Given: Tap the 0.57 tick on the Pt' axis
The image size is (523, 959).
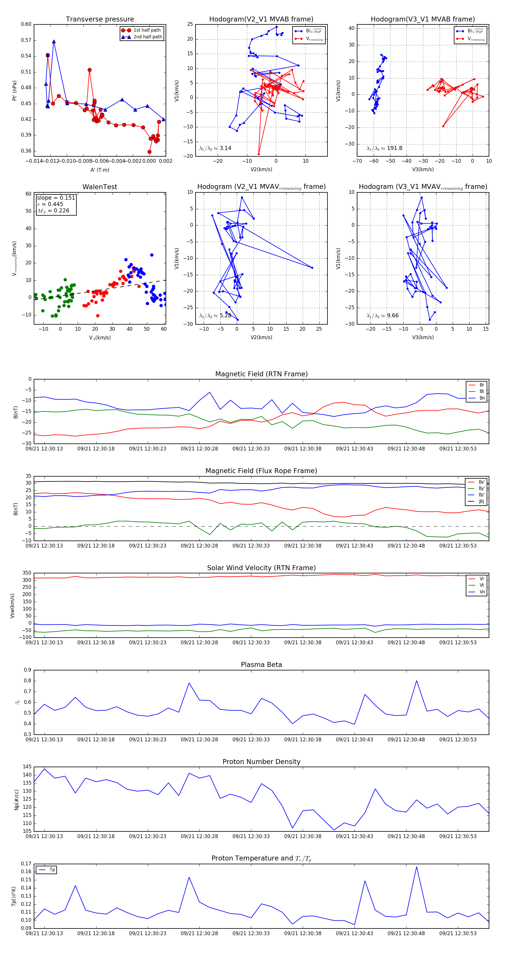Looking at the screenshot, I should [26, 40].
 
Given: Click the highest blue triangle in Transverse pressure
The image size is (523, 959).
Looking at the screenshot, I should [54, 42].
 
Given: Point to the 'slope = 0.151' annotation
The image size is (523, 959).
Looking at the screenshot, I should [56, 198].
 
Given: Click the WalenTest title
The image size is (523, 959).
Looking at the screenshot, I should [100, 187].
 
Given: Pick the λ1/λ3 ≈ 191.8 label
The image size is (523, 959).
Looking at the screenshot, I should [384, 148].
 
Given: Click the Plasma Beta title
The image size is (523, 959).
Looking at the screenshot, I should [261, 665].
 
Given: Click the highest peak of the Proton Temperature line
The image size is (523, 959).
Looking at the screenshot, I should [417, 867].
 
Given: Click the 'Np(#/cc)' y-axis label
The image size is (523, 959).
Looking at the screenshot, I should [16, 799].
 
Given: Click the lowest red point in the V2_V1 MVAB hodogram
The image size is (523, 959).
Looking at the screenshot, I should [259, 154].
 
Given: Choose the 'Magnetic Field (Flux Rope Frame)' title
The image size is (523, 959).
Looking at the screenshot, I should [261, 471].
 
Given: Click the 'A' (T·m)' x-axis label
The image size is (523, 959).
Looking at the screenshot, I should [100, 170].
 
